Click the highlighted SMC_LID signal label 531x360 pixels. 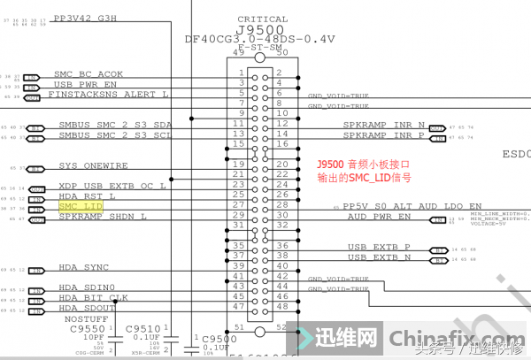tap(80, 206)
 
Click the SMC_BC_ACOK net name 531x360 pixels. tap(88, 73)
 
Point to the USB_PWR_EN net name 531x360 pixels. tap(85, 83)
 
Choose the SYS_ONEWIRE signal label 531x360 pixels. tap(93, 165)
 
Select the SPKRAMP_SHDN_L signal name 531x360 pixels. tap(102, 216)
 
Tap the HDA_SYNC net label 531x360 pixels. tap(83, 266)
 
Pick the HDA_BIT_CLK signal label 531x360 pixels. tap(94, 297)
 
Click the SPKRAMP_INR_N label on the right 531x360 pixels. tap(384, 125)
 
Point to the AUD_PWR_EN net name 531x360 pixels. tap(379, 216)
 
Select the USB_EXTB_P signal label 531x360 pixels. tap(379, 247)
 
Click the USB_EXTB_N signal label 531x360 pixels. tap(379, 257)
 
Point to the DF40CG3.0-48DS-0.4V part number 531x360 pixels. tap(259, 39)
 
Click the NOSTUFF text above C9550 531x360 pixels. tap(87, 318)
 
